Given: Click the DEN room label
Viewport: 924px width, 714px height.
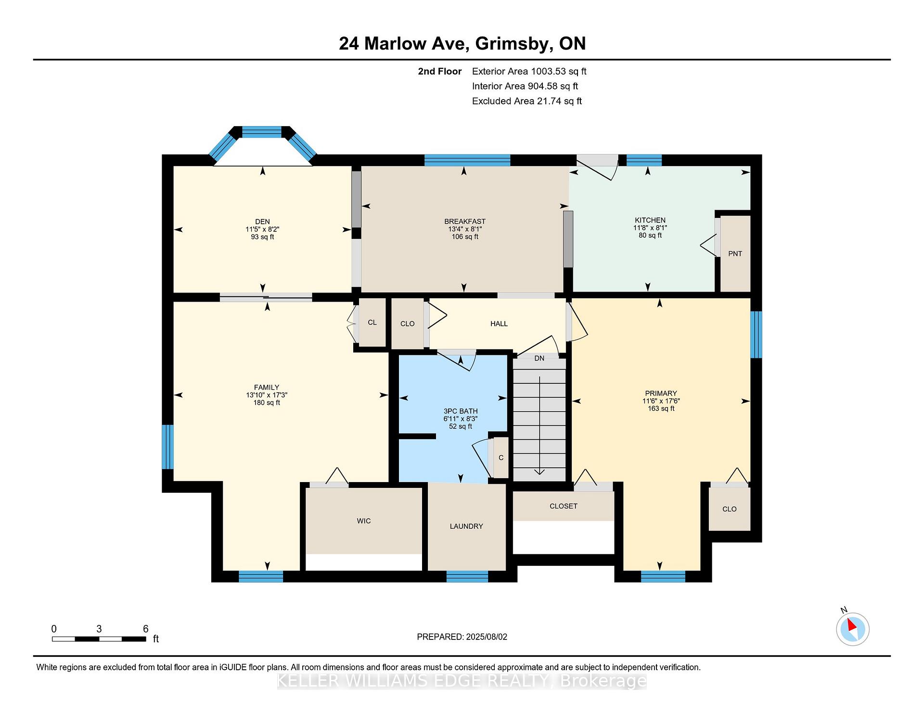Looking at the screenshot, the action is coord(262,222).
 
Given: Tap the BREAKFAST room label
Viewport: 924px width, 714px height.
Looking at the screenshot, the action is coord(465,222).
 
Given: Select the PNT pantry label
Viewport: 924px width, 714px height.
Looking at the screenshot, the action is coord(735,254).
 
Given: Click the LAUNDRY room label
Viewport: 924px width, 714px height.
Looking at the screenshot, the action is coord(466,526).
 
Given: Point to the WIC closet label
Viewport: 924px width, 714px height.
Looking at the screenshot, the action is coord(364,521).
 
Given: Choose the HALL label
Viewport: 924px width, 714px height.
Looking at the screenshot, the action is coord(499,324).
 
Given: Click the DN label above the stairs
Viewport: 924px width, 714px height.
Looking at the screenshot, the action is coord(539,358).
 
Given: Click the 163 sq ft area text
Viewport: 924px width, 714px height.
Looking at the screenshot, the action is coord(661,409).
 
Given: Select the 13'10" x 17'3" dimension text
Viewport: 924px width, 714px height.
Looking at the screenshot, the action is coord(267,395).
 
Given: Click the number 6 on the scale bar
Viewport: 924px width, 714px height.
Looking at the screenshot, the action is coord(146,629).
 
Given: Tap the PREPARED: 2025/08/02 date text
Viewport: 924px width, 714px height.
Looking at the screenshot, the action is coord(462,637).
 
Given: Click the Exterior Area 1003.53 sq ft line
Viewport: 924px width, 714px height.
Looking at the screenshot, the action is coord(529,72).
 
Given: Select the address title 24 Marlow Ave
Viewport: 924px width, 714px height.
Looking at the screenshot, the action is coord(403,44).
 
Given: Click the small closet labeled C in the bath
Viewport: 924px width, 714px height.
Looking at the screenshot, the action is coord(501,458).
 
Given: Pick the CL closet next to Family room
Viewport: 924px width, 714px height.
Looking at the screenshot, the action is coord(372,322).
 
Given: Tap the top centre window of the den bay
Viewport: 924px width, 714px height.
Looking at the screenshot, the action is coord(262,132).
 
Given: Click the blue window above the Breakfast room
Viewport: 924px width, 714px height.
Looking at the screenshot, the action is coord(467,160).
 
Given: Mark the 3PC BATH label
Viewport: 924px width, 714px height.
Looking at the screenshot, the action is coord(461,411).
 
